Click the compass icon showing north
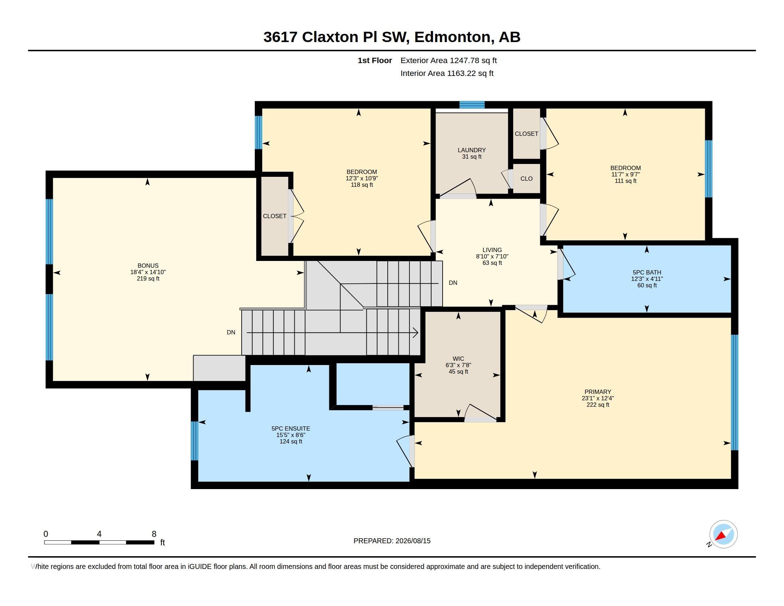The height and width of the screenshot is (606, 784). click(723, 534)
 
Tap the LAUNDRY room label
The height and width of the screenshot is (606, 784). click(472, 150)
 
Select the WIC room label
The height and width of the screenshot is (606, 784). click(458, 359)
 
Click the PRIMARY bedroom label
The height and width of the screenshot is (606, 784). click(598, 392)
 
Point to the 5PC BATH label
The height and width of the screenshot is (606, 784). click(647, 272)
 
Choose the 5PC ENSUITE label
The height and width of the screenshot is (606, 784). click(291, 428)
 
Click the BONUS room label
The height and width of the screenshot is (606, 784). click(148, 266)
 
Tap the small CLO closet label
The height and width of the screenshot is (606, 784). click(527, 179)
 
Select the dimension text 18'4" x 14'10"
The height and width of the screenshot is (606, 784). click(148, 272)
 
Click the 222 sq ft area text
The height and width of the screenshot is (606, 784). click(598, 405)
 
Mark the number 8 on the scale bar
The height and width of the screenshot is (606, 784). click(154, 534)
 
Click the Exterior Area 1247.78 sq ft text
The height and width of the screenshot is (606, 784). click(449, 60)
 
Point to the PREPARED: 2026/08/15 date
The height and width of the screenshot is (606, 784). click(392, 541)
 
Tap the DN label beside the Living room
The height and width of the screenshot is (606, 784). click(453, 283)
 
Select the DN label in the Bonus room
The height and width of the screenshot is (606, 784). click(231, 332)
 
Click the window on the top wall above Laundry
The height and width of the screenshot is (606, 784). click(472, 105)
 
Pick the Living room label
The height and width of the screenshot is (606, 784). click(492, 250)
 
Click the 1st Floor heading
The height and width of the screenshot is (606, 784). click(375, 60)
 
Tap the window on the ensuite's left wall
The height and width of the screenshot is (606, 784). click(194, 441)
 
